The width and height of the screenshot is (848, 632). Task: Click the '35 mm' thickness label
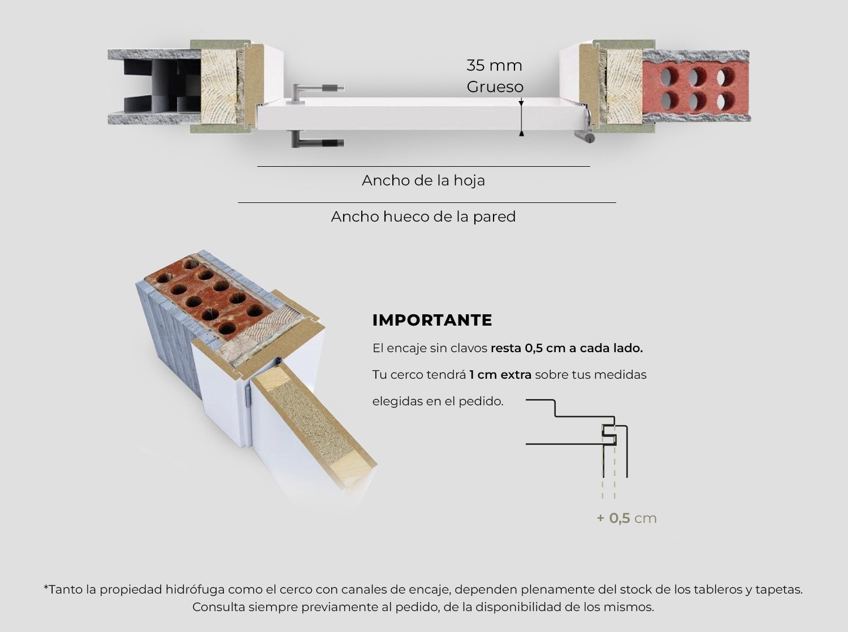[494, 66]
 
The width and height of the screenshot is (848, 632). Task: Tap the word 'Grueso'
[495, 87]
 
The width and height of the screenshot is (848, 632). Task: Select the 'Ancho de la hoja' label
[423, 180]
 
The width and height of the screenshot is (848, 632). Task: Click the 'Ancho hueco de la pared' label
[423, 217]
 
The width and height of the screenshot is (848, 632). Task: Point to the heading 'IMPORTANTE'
[432, 321]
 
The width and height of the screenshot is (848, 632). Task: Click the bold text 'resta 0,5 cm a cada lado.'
[567, 348]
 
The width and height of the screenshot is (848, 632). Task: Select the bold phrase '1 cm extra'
[500, 375]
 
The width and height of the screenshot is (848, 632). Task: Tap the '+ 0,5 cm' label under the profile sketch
[626, 518]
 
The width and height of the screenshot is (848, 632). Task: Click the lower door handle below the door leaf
[315, 139]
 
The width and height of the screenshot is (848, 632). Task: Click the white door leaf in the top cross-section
[421, 114]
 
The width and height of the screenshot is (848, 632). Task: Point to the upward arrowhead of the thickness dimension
[522, 133]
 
